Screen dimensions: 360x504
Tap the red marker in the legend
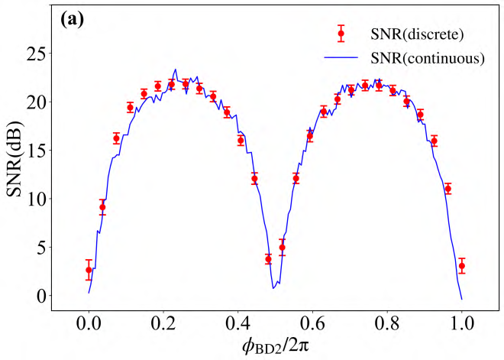point(341,34)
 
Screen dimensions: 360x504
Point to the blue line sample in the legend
point(341,57)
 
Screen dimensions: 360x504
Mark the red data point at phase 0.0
point(89,270)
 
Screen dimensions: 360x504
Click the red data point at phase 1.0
point(461,267)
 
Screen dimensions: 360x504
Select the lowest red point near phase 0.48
point(268,259)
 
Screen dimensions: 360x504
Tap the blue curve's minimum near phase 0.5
point(273,288)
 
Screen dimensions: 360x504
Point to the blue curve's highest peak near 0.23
point(176,70)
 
